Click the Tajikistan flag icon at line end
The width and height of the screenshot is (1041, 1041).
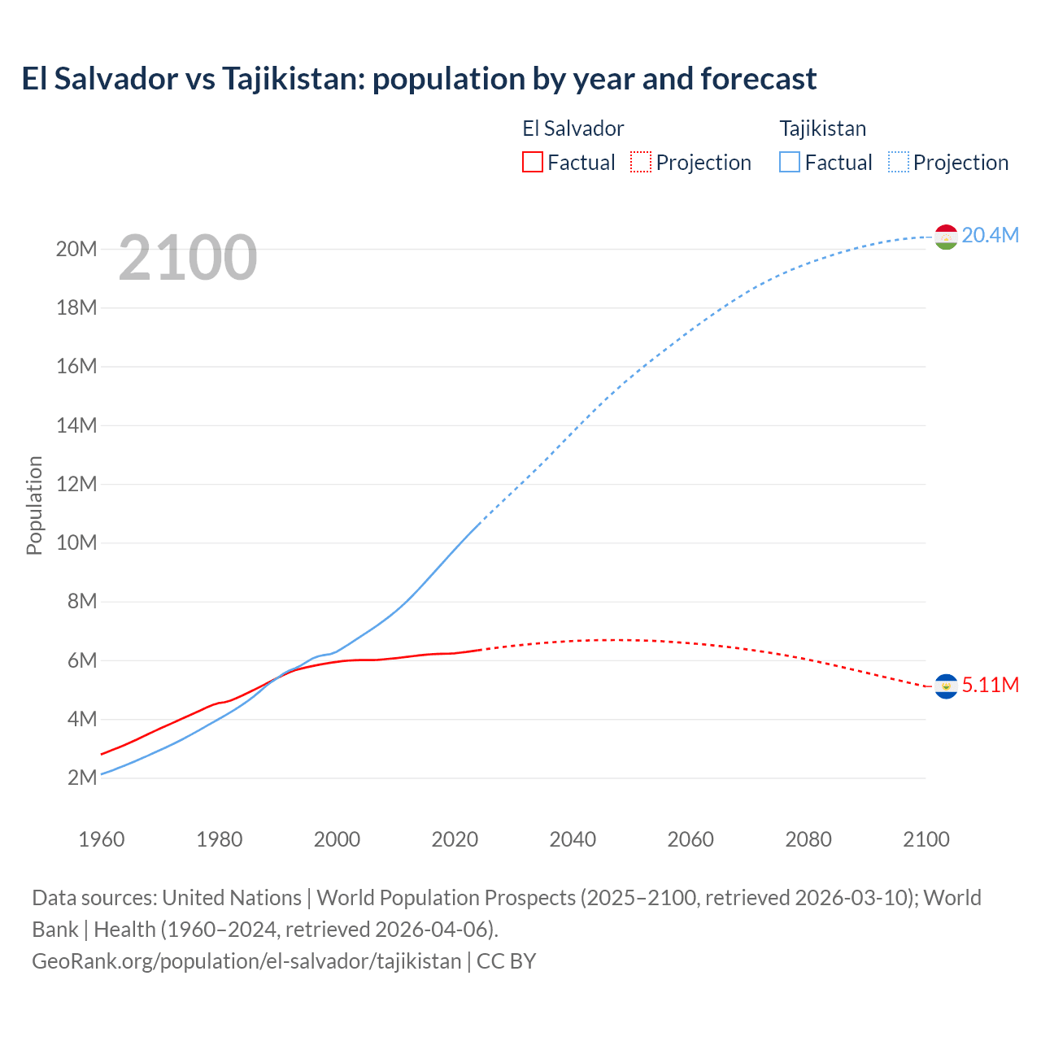tap(946, 237)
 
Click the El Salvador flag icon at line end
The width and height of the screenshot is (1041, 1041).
tap(946, 686)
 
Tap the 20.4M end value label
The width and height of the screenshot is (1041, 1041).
tap(990, 236)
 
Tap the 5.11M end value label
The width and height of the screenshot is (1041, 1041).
tap(990, 686)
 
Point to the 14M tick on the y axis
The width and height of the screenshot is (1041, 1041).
tap(76, 425)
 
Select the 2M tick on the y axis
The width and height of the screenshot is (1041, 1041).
tap(82, 778)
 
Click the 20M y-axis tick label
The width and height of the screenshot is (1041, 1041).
tap(76, 249)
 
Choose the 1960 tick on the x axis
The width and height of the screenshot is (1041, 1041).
tap(102, 839)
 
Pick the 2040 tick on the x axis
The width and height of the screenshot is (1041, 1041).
tap(573, 839)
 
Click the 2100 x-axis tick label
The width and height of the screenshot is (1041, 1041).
tap(926, 839)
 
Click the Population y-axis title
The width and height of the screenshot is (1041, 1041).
tap(34, 506)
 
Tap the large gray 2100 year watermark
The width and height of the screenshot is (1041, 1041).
tap(188, 258)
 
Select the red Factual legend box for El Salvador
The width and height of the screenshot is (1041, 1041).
tap(532, 163)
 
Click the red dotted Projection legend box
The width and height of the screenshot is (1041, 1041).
tap(641, 163)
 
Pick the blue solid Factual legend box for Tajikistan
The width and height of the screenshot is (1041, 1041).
tap(790, 163)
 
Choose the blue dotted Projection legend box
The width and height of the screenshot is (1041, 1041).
tap(899, 163)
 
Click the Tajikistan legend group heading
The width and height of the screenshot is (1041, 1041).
tap(823, 128)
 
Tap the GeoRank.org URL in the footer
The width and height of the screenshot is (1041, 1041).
tap(246, 961)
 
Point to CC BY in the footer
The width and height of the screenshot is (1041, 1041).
tap(506, 961)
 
